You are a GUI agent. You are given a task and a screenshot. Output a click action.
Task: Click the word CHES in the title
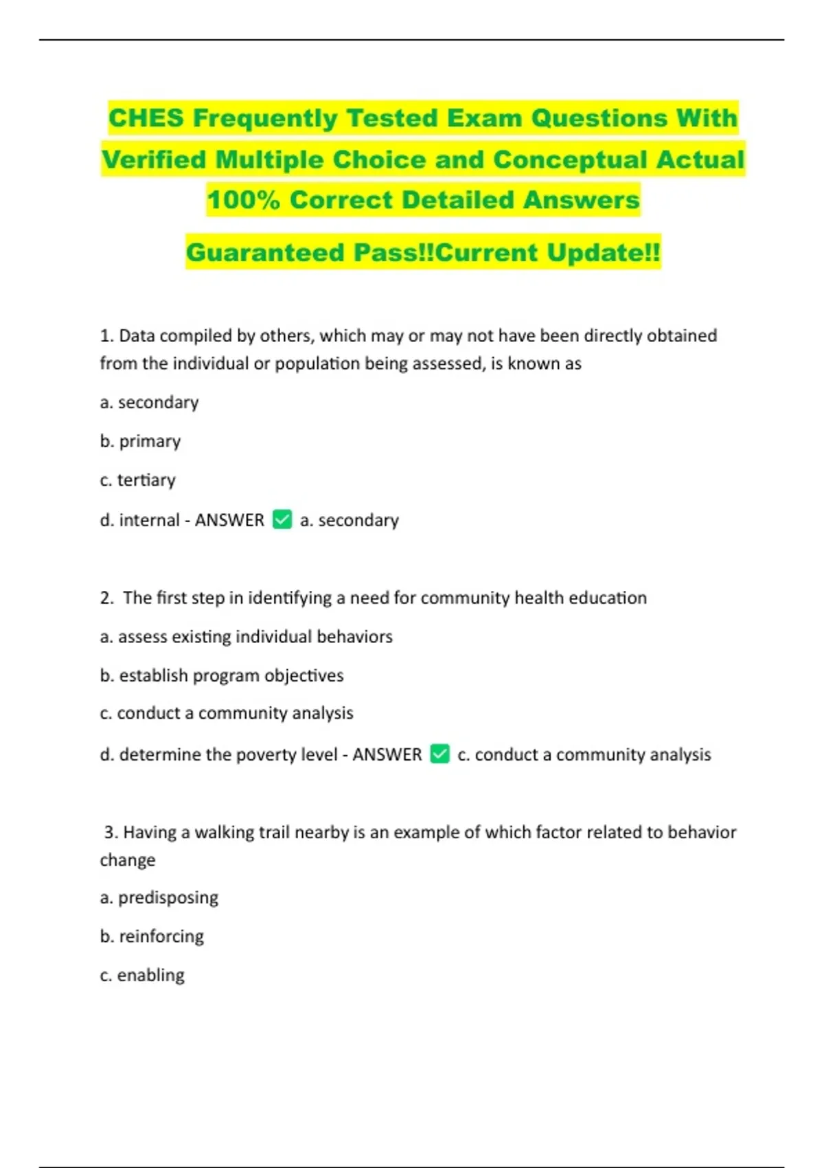(x=146, y=118)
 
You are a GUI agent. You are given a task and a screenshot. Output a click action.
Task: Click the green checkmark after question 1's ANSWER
(x=282, y=519)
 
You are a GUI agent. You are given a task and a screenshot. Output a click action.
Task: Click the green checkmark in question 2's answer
(x=439, y=754)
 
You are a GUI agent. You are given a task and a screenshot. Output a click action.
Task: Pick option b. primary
(x=140, y=441)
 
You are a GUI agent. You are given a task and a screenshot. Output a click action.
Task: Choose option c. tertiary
(x=137, y=480)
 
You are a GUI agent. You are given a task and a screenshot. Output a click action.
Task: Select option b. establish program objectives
(x=221, y=675)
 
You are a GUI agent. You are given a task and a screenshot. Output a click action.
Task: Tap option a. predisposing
(x=159, y=897)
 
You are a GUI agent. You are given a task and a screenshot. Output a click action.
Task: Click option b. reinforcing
(x=152, y=936)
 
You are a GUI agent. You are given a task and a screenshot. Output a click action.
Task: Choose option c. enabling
(x=142, y=975)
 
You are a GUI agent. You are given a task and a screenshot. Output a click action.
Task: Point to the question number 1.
(x=106, y=336)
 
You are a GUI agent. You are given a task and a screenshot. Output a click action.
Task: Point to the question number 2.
(x=106, y=598)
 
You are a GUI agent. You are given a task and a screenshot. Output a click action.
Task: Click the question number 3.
(x=111, y=833)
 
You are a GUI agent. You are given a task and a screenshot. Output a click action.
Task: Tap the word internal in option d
(x=149, y=520)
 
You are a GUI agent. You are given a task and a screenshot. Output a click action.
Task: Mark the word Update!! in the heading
(x=604, y=252)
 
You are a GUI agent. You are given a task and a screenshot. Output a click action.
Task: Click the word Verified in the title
(x=154, y=159)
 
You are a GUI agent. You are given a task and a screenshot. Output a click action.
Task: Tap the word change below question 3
(x=128, y=860)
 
